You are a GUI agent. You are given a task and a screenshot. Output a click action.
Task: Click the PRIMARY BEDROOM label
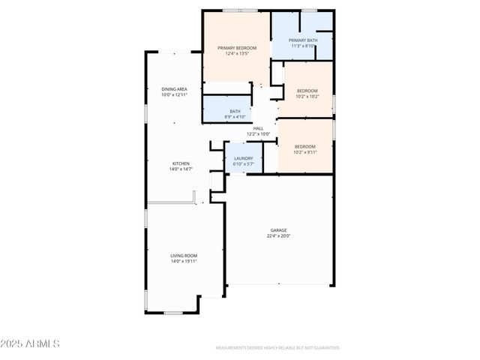point(237,48)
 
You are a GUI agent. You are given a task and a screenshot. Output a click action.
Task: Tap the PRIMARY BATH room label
point(303,40)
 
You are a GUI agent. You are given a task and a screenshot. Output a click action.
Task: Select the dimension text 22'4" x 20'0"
point(279,236)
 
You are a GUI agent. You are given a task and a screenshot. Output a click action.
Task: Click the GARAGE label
point(279,230)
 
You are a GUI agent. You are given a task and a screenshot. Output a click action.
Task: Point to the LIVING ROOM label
point(184,256)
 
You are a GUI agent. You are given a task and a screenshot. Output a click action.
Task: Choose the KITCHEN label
point(181,163)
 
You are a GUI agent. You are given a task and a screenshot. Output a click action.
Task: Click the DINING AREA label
point(174,89)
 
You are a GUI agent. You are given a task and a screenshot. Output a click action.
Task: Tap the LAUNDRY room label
point(243,158)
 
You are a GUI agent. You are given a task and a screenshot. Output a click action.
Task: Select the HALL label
point(258,128)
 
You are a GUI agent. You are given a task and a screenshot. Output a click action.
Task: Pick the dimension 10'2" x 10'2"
point(307,97)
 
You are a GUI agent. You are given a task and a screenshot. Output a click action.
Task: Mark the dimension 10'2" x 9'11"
point(305,152)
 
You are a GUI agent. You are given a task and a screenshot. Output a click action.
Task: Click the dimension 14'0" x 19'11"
point(184,262)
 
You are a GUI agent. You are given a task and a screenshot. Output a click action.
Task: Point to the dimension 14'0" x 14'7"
point(181,169)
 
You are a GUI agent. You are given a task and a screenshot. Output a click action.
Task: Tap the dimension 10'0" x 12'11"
point(174,95)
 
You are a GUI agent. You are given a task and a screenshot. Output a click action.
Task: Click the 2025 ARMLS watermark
point(30,343)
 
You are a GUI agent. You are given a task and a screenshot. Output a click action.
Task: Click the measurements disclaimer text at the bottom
point(277,348)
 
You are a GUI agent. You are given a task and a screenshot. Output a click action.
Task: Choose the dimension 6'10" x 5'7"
point(243,164)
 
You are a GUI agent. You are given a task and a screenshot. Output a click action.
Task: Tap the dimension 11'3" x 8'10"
point(303,46)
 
